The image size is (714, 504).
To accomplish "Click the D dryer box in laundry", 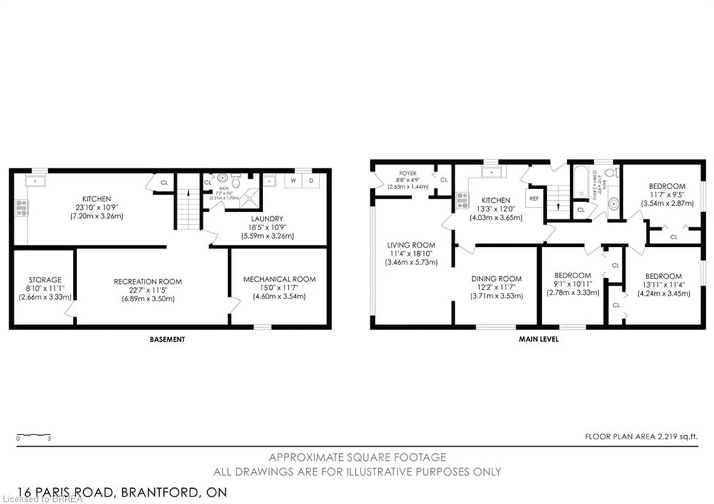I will pyautogui.click(x=311, y=181).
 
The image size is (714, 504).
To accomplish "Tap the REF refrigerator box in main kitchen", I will pyautogui.click(x=534, y=198).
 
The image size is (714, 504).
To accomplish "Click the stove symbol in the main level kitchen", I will pyautogui.click(x=462, y=200).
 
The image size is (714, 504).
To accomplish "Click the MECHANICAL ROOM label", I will pyautogui.click(x=279, y=279).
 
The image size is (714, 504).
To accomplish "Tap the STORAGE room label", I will pyautogui.click(x=45, y=280).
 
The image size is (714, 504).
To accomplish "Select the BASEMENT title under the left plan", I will pyautogui.click(x=167, y=339).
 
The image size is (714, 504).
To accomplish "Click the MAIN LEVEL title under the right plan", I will pyautogui.click(x=538, y=339).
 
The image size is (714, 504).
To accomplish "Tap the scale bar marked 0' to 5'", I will pyautogui.click(x=34, y=435).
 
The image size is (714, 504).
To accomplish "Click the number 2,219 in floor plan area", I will pyautogui.click(x=667, y=437).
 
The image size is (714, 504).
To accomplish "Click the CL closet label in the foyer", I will pyautogui.click(x=444, y=180).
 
